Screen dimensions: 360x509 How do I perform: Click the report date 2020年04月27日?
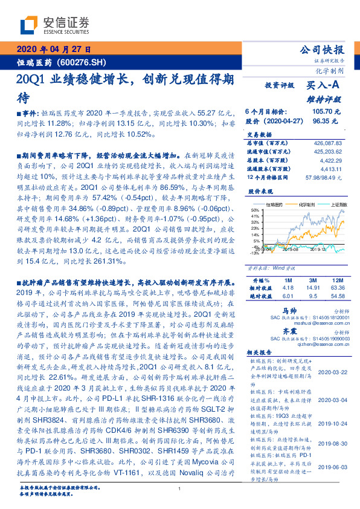point(53,50)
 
